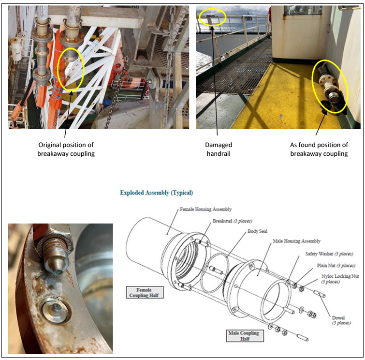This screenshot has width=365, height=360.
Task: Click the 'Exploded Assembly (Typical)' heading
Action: tap(157, 193)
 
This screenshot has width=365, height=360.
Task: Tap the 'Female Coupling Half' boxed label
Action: tap(145, 292)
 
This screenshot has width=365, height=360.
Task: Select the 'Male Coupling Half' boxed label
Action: tap(245, 336)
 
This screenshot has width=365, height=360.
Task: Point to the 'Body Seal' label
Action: tap(257, 231)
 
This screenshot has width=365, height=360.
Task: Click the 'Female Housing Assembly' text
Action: tap(205, 209)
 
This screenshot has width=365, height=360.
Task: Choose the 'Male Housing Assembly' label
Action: tap(296, 241)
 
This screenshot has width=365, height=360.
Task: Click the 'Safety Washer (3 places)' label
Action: tap(329, 254)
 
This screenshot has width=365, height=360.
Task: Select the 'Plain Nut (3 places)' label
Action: tap(336, 266)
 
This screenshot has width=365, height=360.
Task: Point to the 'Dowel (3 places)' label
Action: tap(341, 320)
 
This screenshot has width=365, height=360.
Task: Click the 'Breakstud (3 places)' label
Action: tap(233, 221)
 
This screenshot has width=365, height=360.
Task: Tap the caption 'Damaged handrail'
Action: tap(219, 149)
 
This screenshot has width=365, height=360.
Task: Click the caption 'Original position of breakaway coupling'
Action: tap(66, 149)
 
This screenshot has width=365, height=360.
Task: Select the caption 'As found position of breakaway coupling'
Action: tap(319, 149)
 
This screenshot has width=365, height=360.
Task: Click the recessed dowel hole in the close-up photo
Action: tap(55, 309)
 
